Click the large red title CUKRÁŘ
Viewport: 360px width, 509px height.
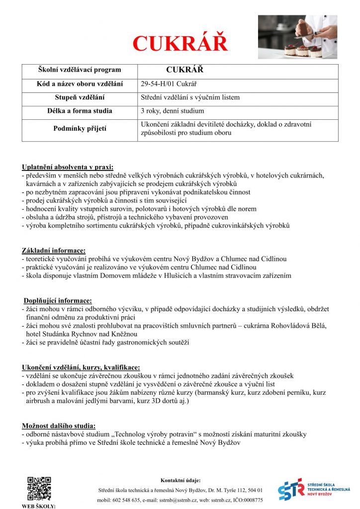(x=180, y=44)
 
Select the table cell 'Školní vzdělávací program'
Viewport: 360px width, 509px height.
(x=80, y=70)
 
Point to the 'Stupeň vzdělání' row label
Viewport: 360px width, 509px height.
(x=80, y=97)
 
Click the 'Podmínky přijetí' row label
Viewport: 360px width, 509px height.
(x=80, y=129)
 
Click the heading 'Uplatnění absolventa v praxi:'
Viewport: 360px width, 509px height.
(x=68, y=167)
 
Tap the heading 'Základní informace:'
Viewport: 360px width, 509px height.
(x=54, y=251)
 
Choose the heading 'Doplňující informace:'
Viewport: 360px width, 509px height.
(x=58, y=300)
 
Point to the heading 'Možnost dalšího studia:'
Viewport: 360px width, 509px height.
(x=59, y=425)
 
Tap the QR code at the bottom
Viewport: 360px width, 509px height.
(x=39, y=488)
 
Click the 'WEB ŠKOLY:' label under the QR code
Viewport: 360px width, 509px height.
(x=39, y=506)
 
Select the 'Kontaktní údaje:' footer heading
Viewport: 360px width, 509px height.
(x=180, y=480)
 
